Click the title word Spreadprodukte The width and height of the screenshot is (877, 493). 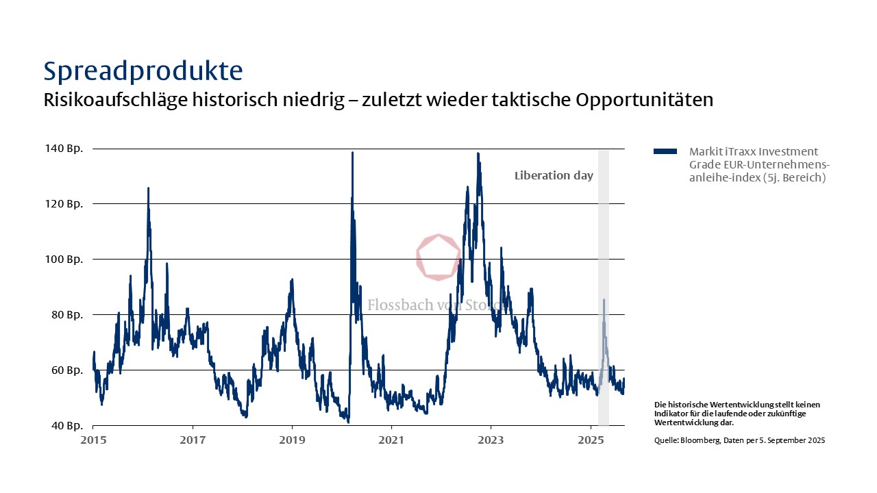pos(143,71)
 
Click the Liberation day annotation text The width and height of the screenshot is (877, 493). pos(554,176)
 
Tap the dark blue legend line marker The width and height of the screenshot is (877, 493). pos(665,151)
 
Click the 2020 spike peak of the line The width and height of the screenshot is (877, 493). pos(352,153)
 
